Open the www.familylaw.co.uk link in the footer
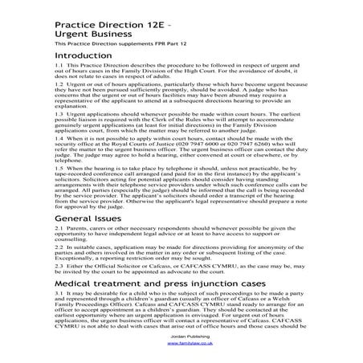pos(181,343)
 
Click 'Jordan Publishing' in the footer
pos(181,336)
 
